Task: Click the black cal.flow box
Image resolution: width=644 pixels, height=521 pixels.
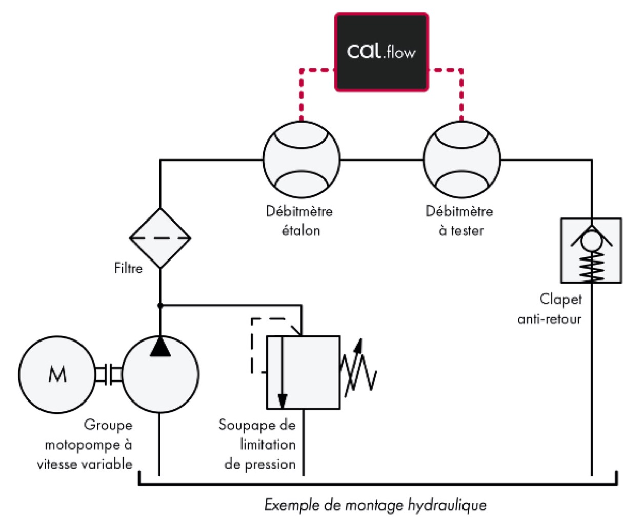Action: click(x=381, y=52)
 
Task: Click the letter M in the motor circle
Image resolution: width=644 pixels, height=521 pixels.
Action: click(x=57, y=375)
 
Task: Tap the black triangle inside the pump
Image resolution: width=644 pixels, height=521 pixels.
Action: click(x=160, y=347)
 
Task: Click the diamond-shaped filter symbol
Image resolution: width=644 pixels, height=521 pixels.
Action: click(x=160, y=238)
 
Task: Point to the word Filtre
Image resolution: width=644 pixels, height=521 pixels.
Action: click(x=128, y=268)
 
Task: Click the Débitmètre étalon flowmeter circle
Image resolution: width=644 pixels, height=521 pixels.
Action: click(x=301, y=160)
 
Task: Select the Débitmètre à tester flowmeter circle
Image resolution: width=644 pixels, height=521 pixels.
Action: click(x=461, y=160)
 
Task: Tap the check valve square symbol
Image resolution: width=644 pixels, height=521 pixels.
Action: click(x=591, y=251)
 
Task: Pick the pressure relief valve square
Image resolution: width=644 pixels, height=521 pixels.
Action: click(x=303, y=373)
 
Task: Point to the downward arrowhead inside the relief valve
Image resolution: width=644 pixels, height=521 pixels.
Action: click(x=282, y=400)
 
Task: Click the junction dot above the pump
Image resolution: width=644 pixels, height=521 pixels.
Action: click(x=160, y=306)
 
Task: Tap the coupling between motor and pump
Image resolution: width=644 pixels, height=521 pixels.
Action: click(x=109, y=375)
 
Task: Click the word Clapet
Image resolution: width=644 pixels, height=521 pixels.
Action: click(x=560, y=299)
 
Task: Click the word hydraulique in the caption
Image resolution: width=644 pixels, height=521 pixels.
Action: click(x=447, y=505)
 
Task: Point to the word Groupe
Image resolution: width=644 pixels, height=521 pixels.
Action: click(x=108, y=425)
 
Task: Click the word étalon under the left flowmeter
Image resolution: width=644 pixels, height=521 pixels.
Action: click(x=301, y=231)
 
